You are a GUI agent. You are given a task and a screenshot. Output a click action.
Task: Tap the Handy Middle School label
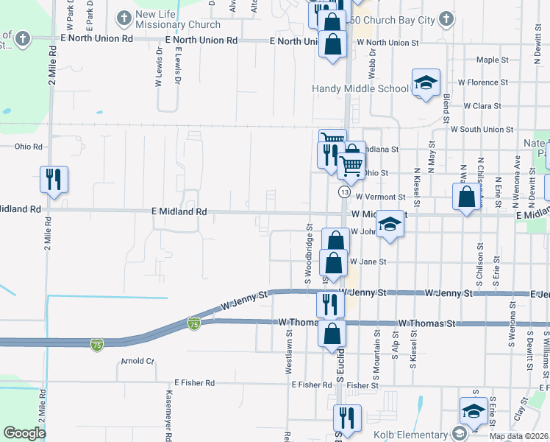(360, 88)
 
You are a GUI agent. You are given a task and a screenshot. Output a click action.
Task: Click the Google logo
(24, 433)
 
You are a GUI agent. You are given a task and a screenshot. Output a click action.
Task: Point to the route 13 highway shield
(343, 192)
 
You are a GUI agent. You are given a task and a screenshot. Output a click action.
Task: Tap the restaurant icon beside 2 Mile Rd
(54, 179)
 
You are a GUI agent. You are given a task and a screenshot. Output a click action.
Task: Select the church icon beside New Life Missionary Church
(123, 16)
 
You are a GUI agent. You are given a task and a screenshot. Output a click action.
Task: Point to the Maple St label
(493, 60)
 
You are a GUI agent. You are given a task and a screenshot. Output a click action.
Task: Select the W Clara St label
(482, 106)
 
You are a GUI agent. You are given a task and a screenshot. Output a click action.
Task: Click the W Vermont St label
(380, 197)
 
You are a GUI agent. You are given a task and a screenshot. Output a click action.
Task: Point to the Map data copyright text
(519, 436)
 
